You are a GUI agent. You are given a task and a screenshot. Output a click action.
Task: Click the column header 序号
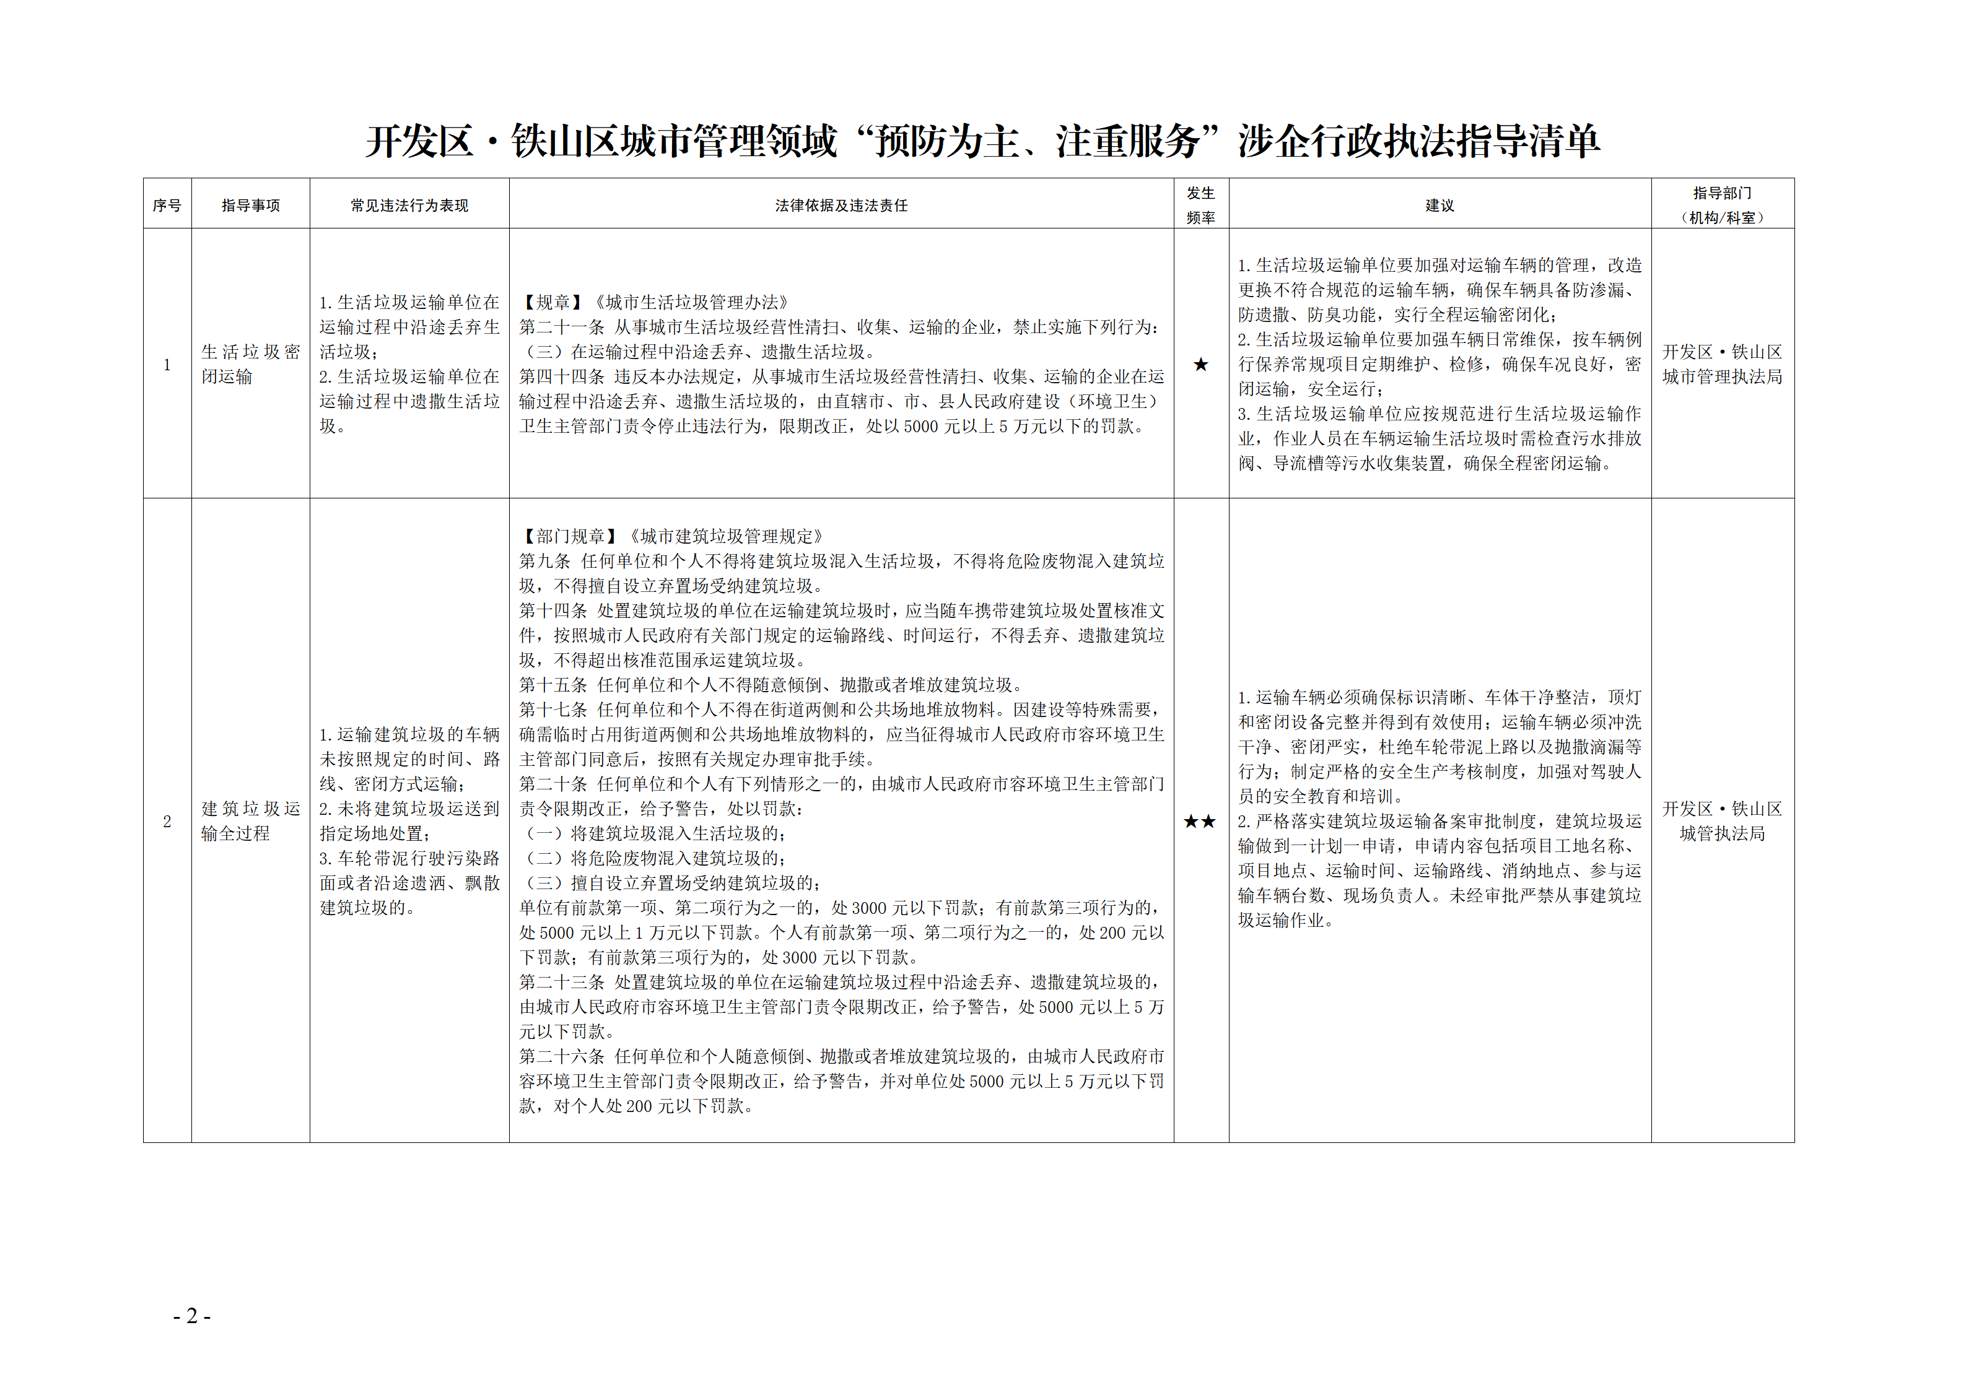coord(167,206)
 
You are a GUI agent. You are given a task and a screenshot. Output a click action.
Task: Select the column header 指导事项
coord(250,206)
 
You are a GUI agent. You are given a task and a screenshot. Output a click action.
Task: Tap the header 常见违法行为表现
coord(409,206)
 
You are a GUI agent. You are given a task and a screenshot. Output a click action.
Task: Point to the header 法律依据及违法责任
coord(841,206)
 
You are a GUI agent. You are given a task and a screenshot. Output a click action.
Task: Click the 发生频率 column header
coord(1200,206)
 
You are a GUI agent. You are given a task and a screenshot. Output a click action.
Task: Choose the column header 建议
coord(1440,206)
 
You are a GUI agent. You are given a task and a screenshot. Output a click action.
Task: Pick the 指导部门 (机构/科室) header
coord(1722,206)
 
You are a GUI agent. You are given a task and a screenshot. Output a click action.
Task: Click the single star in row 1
coord(1200,365)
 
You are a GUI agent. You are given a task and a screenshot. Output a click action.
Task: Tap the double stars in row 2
coord(1200,822)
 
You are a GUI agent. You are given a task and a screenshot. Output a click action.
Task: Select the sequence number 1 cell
coord(167,365)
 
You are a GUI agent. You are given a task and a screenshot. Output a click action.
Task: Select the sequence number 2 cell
coord(167,822)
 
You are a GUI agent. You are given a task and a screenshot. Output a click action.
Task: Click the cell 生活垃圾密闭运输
coord(250,365)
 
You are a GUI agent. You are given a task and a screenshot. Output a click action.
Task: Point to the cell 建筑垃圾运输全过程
coord(250,822)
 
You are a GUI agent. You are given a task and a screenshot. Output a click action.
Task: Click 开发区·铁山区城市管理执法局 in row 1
coord(1722,365)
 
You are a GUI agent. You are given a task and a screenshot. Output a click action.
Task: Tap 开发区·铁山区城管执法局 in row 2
coord(1722,822)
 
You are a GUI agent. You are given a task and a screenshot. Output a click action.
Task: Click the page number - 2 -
coord(192,1316)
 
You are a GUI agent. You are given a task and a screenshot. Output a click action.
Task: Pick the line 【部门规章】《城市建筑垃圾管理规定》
coord(671,537)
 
